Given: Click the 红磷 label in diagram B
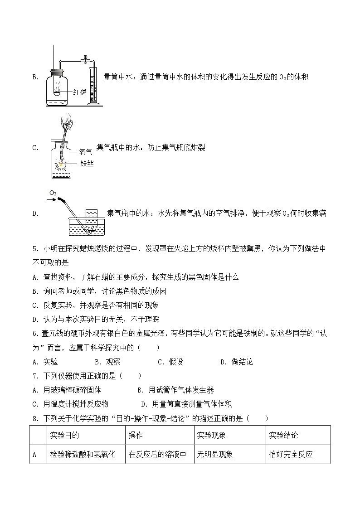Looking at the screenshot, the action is click(x=79, y=93).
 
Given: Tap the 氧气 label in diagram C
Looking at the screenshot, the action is click(x=86, y=153).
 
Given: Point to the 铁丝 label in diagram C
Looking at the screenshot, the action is click(x=87, y=164).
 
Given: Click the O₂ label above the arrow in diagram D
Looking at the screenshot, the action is click(x=53, y=193).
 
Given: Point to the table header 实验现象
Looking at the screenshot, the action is click(x=211, y=435).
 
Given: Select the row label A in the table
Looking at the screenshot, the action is click(x=34, y=454).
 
